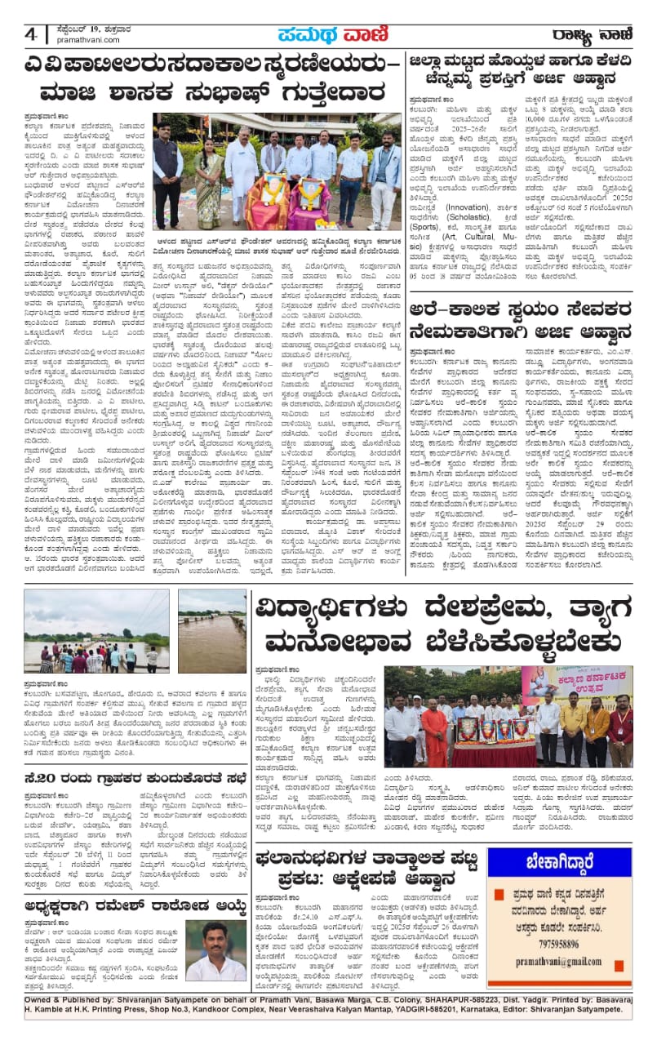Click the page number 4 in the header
tap(31, 35)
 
